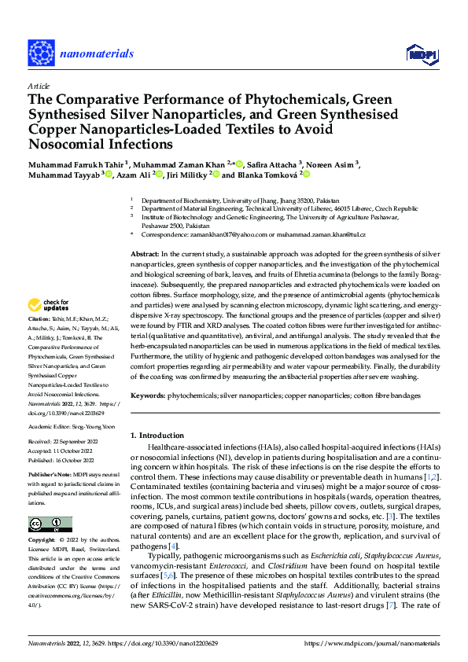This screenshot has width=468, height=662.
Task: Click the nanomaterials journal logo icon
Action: (39, 53)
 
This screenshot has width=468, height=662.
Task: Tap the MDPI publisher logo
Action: (420, 53)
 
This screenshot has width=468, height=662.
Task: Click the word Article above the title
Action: (39, 86)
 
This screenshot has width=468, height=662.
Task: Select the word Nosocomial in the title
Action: (64, 144)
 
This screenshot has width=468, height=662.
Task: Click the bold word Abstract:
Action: (144, 256)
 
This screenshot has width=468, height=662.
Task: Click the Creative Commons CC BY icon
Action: (50, 524)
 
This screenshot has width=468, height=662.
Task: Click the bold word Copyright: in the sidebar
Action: (42, 541)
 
